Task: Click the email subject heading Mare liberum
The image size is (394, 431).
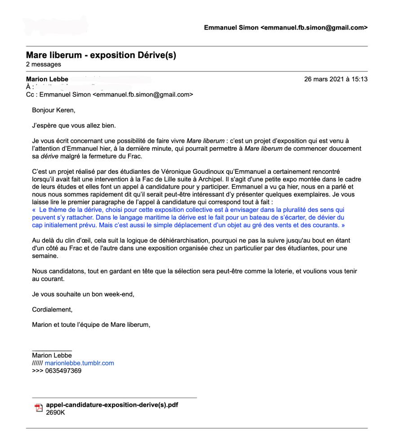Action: (x=101, y=55)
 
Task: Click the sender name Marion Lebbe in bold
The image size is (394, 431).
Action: (x=47, y=79)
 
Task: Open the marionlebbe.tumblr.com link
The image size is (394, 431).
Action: (x=79, y=363)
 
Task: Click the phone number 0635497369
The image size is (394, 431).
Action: (x=63, y=371)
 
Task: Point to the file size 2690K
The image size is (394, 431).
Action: (x=56, y=412)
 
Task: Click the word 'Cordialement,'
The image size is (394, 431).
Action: (x=52, y=309)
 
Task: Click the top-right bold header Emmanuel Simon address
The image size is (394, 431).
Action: (x=285, y=28)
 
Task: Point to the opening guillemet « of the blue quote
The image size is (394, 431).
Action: (x=34, y=210)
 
